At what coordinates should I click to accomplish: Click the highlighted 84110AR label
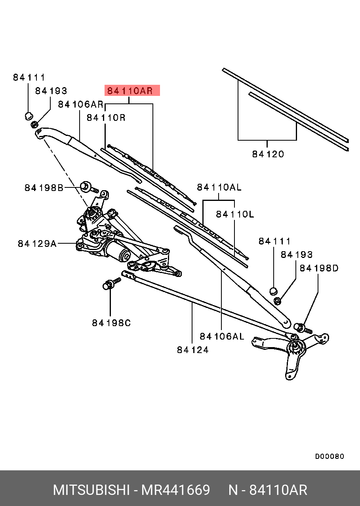tap(132, 91)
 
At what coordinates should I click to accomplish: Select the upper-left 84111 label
tap(29, 78)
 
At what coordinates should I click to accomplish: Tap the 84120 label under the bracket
tap(268, 154)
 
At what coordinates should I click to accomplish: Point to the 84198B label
tap(44, 188)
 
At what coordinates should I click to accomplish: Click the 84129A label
tap(37, 244)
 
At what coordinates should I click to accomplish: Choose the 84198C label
tap(111, 323)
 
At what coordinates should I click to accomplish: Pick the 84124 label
tap(193, 349)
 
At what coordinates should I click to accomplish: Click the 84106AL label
tap(222, 336)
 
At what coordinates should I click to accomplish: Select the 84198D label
tap(319, 268)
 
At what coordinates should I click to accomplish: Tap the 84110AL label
tap(219, 187)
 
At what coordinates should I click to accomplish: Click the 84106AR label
tap(80, 104)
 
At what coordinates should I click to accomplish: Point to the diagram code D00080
tap(330, 456)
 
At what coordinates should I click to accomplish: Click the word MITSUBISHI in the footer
tap(91, 490)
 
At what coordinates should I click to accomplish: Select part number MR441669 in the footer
tap(176, 490)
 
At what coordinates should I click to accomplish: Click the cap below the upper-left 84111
tap(28, 116)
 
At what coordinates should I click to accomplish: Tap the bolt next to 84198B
tap(85, 186)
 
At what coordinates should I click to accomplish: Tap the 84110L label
tap(235, 214)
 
